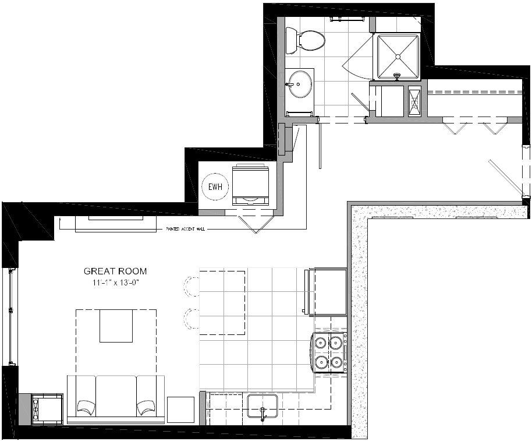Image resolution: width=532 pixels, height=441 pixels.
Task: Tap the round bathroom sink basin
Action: [x=300, y=83]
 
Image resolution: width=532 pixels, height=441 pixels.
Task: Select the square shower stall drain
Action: [x=398, y=57]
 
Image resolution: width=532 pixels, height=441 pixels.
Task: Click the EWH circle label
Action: [x=215, y=188]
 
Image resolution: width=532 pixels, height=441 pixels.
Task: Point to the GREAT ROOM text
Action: [x=115, y=271]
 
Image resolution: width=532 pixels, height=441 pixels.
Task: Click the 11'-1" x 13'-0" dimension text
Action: [x=115, y=283]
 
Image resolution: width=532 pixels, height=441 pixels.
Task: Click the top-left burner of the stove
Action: [x=320, y=342]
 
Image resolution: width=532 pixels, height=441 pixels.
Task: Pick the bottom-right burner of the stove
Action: [x=335, y=363]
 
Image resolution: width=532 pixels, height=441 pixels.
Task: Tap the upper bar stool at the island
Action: [x=191, y=284]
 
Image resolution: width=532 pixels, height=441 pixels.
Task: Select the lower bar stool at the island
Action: [x=191, y=318]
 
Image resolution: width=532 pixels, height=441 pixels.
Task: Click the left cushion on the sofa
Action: [x=86, y=405]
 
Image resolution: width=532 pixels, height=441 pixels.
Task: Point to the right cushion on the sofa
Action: [x=146, y=405]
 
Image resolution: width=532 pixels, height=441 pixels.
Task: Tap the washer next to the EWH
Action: [x=251, y=185]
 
